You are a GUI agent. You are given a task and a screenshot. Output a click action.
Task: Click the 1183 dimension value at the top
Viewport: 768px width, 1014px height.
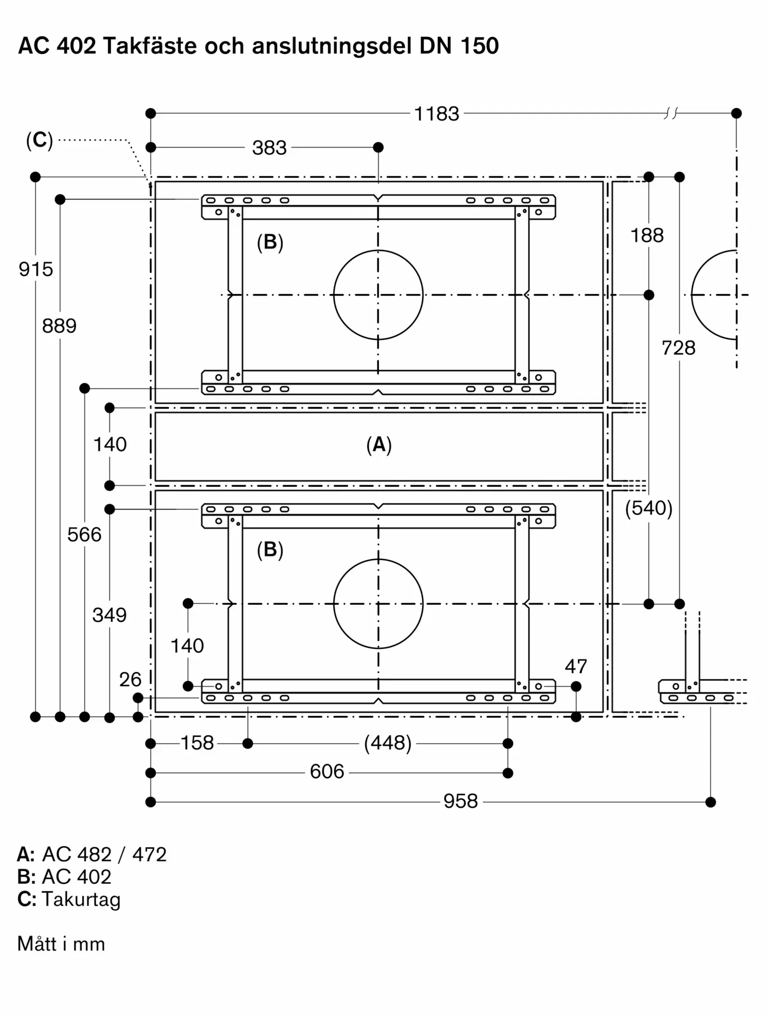coord(437,114)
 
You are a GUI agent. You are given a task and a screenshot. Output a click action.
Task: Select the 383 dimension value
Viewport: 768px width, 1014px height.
coord(270,148)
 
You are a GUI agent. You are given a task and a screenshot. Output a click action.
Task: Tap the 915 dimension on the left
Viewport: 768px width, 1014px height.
coord(36,269)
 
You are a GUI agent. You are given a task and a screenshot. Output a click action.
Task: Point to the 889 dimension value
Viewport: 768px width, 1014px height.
coord(59,325)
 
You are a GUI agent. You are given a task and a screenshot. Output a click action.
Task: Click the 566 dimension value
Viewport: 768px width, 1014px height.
coord(85,534)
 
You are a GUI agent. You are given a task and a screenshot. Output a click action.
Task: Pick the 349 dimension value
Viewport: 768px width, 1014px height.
coord(109,615)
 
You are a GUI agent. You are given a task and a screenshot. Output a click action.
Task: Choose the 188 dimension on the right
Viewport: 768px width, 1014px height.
coord(647,235)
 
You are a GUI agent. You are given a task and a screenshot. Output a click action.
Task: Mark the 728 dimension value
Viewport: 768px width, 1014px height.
coord(679,348)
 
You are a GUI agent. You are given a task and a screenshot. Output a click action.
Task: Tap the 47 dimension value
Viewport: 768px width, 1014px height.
coord(576,666)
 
